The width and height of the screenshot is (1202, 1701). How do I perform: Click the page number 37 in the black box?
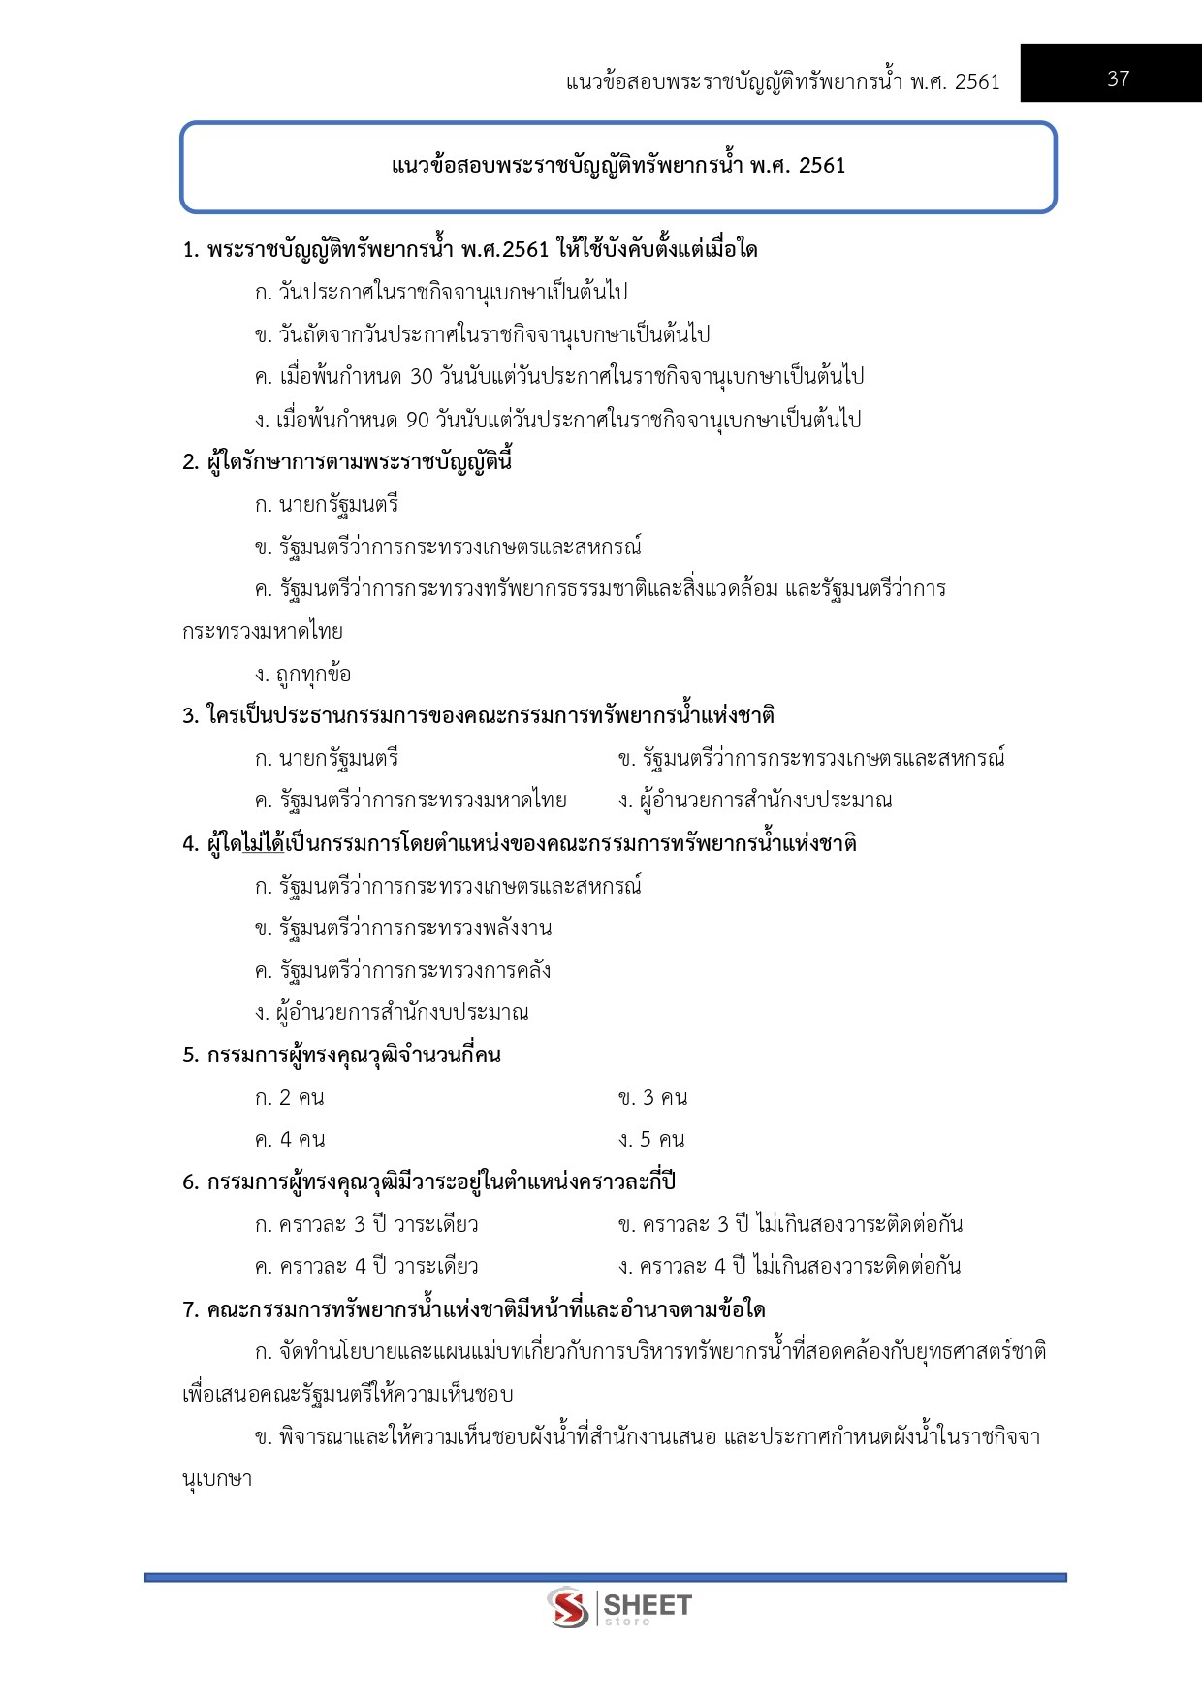1118,79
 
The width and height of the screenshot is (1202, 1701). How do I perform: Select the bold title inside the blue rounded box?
617,166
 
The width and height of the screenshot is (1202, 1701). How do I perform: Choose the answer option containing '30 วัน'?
558,377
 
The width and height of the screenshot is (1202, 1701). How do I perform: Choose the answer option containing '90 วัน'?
557,420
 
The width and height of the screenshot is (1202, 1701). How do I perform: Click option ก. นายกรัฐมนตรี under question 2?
327,505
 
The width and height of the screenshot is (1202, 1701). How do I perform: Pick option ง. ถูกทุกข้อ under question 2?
302,674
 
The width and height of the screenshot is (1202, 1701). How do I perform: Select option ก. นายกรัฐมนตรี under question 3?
327,758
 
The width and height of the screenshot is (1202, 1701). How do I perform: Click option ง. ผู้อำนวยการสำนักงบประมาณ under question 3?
755,801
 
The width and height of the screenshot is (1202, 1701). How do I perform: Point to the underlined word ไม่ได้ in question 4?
264,843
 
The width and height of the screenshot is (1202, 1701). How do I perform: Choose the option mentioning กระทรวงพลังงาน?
403,929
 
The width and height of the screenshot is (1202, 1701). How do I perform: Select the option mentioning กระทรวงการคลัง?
403,970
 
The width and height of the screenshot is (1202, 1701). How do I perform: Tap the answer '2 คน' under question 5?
290,1098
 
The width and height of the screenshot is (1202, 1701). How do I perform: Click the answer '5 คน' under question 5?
652,1140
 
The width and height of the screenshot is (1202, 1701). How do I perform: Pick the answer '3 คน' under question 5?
653,1098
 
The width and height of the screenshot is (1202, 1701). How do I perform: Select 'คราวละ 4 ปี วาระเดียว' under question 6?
366,1267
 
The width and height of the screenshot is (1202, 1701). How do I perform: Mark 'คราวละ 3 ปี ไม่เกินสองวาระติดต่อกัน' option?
790,1224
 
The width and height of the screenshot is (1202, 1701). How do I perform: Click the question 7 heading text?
474,1309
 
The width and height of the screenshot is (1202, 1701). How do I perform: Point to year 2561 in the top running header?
977,81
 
